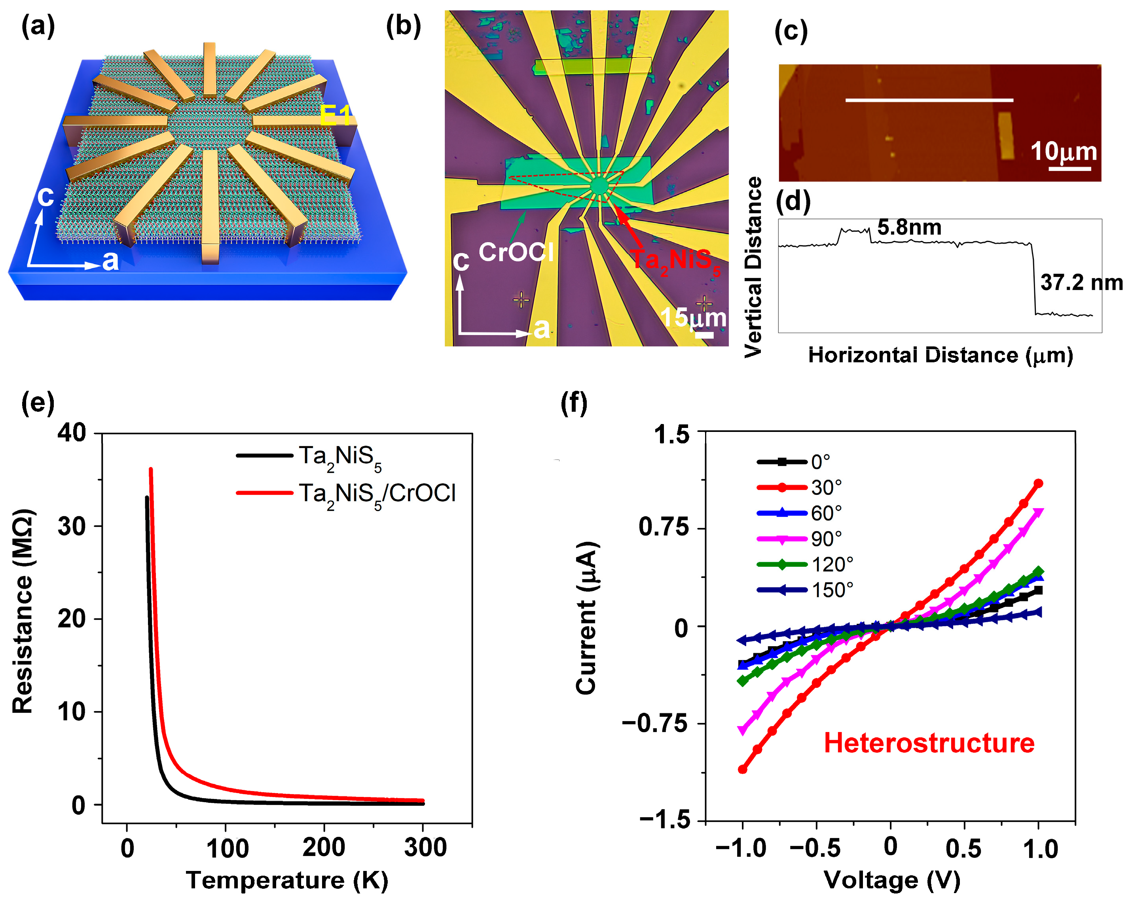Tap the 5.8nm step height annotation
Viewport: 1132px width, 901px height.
pos(909,227)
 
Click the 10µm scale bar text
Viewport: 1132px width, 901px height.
pos(1063,151)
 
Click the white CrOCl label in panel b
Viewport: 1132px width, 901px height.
pos(516,252)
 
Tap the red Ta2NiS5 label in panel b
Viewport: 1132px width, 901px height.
pos(675,260)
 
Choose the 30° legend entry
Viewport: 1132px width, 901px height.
pos(826,488)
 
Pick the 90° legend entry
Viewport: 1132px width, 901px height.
pos(826,539)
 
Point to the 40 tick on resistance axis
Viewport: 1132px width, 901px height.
pos(72,433)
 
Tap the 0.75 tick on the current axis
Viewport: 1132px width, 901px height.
pos(663,527)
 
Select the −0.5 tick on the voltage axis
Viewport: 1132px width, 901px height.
pos(815,848)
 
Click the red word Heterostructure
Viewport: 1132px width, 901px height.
pos(928,743)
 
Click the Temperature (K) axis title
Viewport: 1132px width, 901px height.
pos(287,880)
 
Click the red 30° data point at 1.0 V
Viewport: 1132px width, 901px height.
pos(1038,483)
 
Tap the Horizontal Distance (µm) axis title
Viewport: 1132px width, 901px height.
pos(940,355)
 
